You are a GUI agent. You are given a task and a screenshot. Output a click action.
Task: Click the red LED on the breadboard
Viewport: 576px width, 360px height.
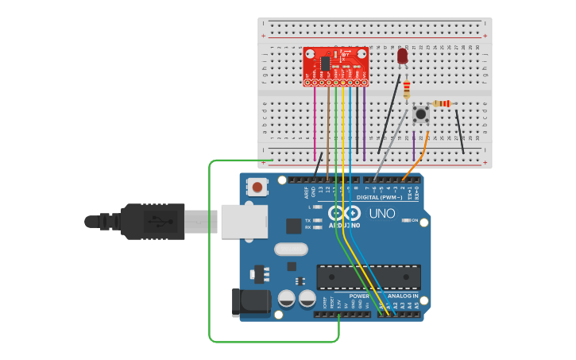point(402,56)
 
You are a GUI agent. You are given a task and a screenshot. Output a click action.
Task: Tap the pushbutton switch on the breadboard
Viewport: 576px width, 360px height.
point(421,114)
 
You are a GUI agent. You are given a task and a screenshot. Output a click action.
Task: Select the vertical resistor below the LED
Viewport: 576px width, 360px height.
point(407,89)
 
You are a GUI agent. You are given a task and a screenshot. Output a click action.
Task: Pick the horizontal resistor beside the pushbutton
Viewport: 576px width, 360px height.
point(441,103)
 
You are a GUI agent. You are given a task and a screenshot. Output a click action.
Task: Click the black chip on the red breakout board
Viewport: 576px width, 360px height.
point(325,63)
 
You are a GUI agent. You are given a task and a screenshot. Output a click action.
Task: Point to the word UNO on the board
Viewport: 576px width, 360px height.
point(382,213)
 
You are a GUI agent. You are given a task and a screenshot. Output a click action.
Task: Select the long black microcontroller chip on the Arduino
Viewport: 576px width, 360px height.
point(368,277)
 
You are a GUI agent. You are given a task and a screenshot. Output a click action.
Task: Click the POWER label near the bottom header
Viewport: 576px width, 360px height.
point(359,296)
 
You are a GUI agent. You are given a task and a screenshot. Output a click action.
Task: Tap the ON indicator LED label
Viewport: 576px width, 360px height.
point(413,220)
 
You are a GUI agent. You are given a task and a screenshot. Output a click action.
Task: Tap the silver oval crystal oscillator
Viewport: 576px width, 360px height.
point(291,249)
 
